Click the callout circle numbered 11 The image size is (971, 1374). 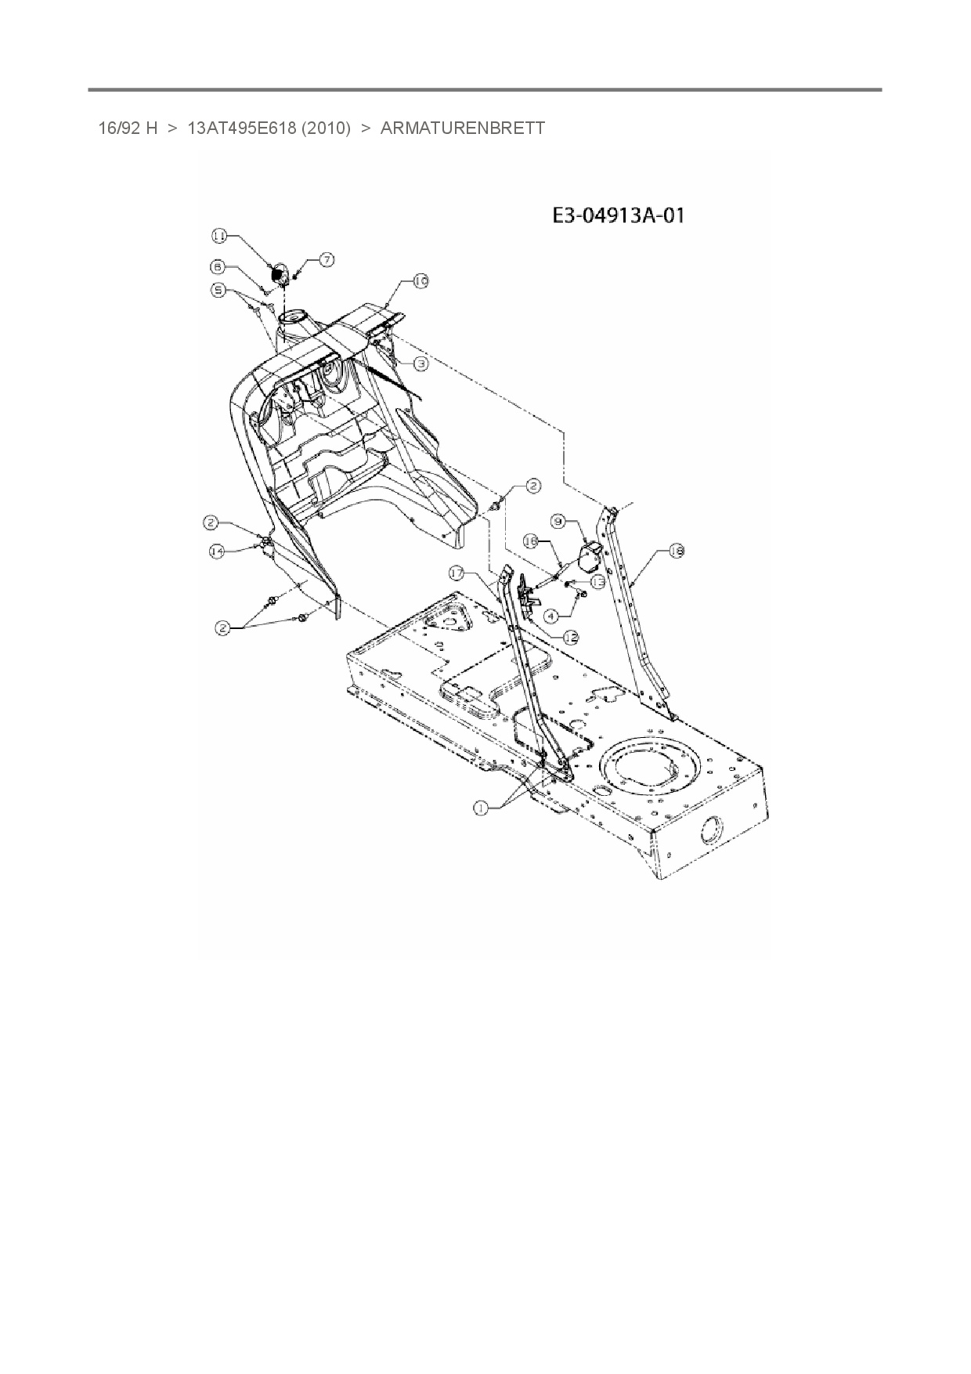(x=219, y=235)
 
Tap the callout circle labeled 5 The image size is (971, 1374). (x=220, y=290)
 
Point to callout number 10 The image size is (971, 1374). (x=421, y=280)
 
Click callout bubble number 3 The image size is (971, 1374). (x=421, y=363)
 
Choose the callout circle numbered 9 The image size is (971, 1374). (x=558, y=520)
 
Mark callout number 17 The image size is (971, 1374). (x=457, y=573)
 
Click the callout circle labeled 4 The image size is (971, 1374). (x=552, y=616)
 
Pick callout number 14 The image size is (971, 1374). (x=217, y=551)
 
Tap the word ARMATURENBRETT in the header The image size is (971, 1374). (x=462, y=128)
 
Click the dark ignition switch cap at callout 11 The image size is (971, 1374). (x=276, y=274)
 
